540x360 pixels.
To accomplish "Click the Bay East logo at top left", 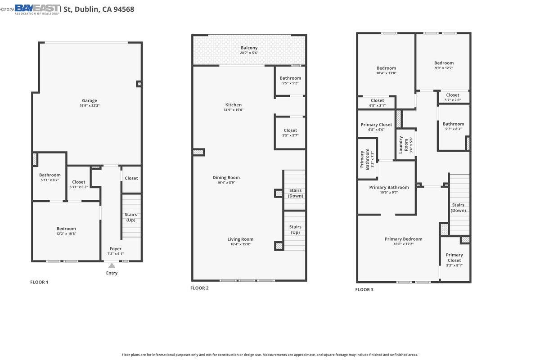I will [x=37, y=9].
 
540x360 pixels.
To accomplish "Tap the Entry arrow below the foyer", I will [x=112, y=266].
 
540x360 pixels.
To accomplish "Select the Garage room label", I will [x=89, y=101].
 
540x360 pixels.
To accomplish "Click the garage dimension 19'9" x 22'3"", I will [x=89, y=106].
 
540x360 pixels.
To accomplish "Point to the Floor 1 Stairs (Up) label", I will [x=130, y=217].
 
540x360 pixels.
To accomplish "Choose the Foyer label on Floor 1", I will [x=115, y=249].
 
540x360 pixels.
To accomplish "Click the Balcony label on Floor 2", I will [x=249, y=48].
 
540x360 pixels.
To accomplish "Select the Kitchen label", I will [x=234, y=105].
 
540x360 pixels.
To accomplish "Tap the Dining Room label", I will [x=226, y=178].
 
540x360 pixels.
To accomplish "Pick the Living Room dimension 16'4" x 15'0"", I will [x=240, y=244].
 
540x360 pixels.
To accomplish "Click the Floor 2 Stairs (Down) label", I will [x=295, y=193].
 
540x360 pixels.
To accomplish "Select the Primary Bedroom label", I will [x=403, y=239].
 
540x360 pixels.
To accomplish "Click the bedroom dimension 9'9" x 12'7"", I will [x=444, y=68].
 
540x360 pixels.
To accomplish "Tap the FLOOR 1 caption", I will [x=39, y=282].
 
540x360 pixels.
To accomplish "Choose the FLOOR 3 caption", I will [x=364, y=290].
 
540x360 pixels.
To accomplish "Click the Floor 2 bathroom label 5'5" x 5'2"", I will [x=290, y=83].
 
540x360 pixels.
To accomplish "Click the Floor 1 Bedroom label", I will [x=66, y=229].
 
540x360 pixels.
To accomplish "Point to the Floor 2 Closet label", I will [x=290, y=130].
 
